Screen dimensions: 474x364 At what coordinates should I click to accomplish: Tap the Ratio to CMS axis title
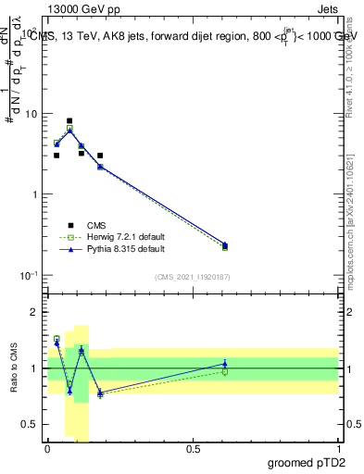15,370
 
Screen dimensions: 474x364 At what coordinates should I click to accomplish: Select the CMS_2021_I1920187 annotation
193,277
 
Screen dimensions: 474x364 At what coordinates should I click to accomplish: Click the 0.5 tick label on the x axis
193,448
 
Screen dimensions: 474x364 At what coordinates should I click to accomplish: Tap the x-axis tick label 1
338,448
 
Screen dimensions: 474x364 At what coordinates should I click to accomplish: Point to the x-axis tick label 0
47,448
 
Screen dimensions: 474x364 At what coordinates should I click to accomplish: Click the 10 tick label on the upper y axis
31,114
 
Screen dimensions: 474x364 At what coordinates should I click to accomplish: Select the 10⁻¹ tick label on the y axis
29,275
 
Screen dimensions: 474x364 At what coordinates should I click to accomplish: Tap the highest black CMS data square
69,120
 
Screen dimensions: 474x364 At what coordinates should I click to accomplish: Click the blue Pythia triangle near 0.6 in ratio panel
225,363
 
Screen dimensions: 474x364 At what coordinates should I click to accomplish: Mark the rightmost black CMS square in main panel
225,245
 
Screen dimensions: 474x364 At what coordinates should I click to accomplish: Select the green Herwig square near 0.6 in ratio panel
225,371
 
